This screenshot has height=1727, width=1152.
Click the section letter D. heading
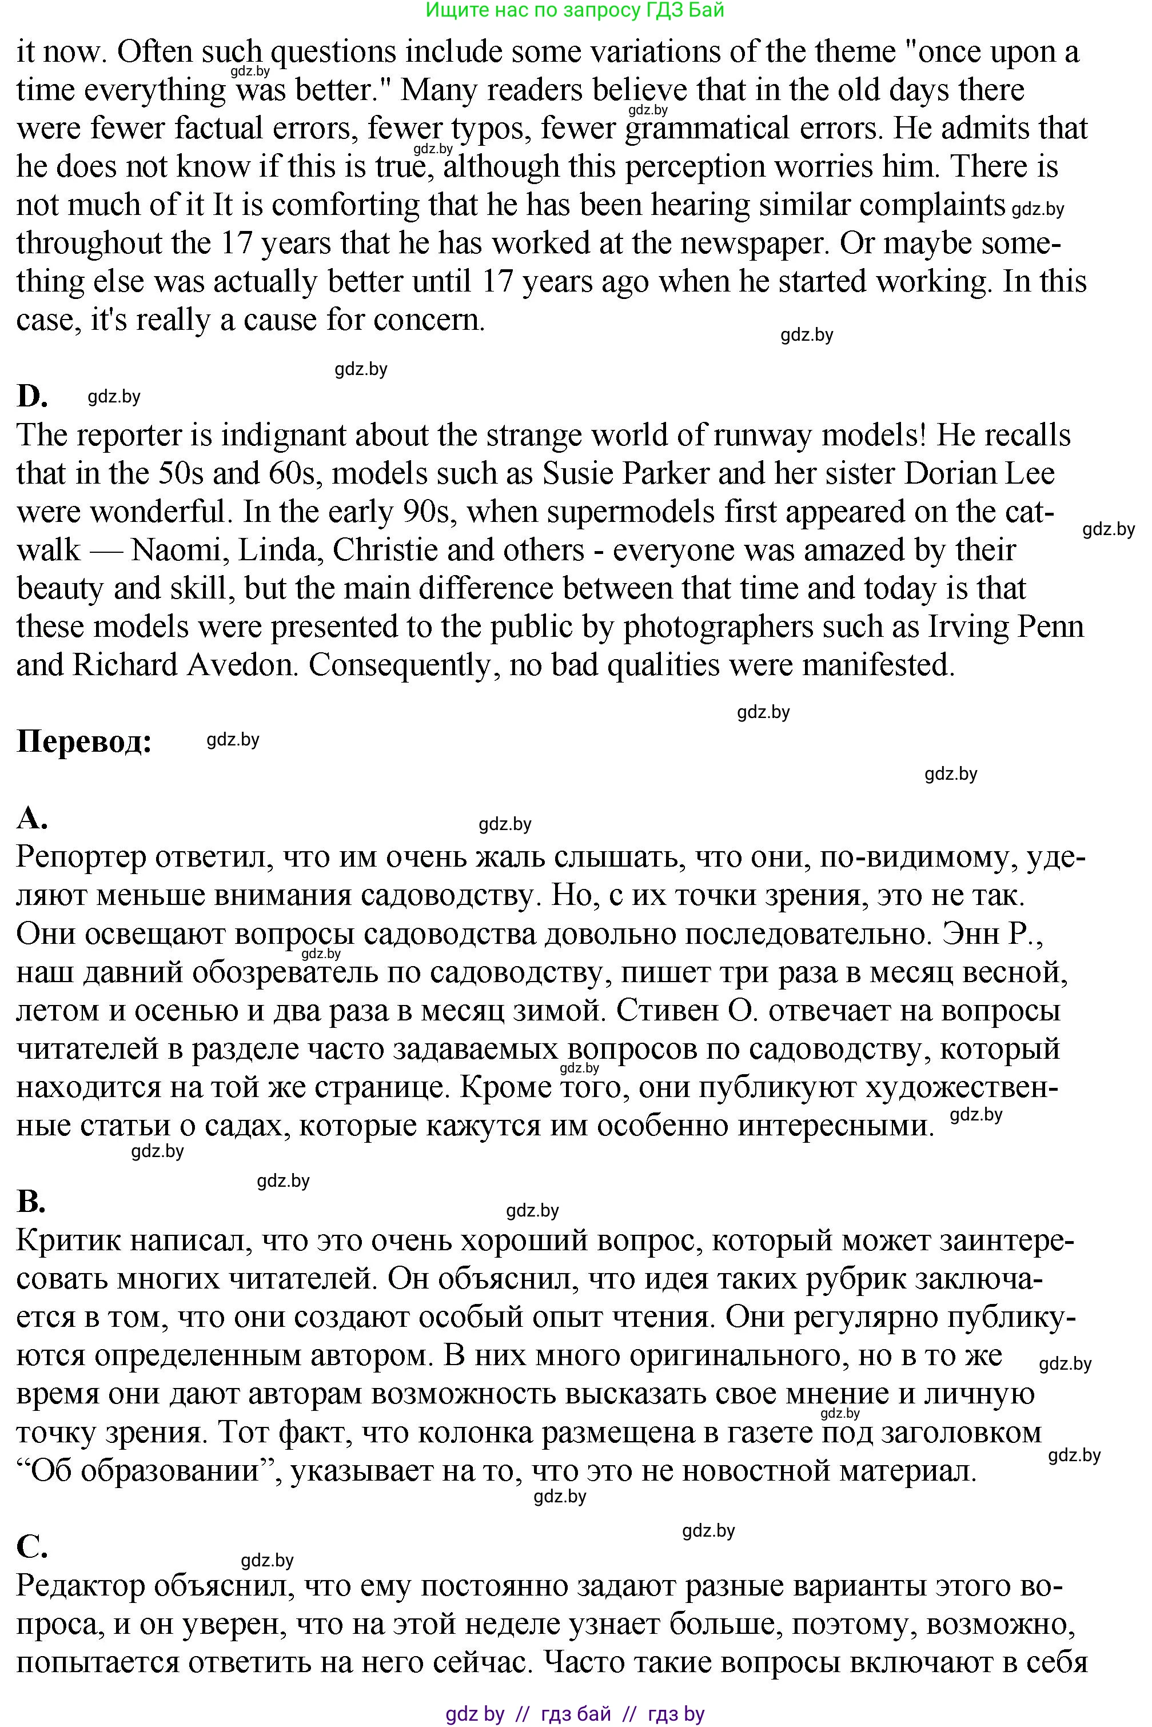coord(33,396)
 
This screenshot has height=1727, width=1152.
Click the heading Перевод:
coord(83,741)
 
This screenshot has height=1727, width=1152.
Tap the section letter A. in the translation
coord(31,817)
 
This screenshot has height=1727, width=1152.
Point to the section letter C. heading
coord(31,1546)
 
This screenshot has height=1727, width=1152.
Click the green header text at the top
coord(575,10)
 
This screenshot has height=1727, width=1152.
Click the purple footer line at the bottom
coord(575,1714)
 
